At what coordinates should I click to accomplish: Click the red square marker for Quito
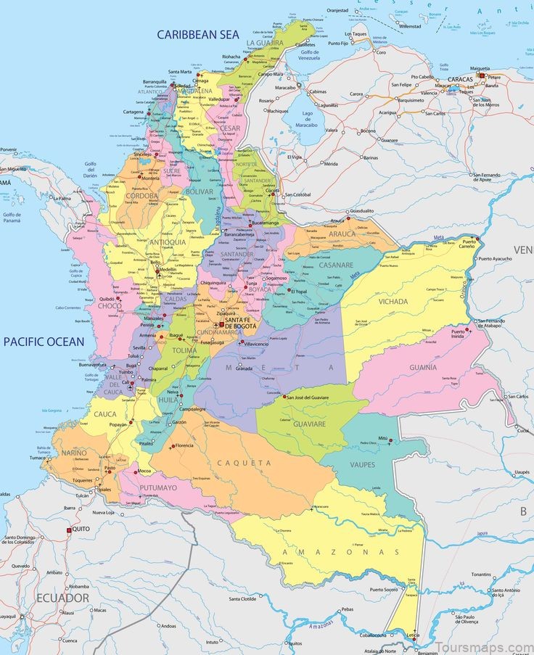[70, 530]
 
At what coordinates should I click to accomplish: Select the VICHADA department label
[393, 301]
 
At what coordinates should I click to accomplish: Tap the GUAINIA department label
[423, 367]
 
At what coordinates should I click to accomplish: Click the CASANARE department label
[335, 265]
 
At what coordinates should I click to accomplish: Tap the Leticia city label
[412, 637]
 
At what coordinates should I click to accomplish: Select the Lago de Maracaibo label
[308, 118]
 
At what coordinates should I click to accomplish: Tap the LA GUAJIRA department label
[264, 43]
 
